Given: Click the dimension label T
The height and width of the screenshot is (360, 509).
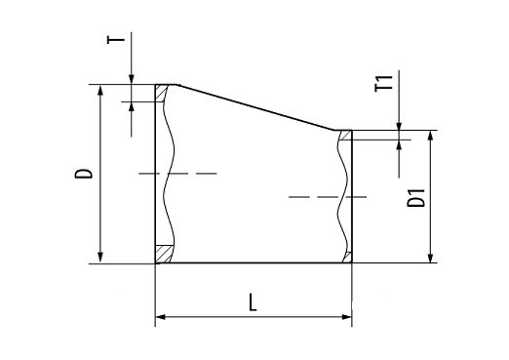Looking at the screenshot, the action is (x=116, y=40).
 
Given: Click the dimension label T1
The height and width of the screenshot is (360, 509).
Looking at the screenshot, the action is (x=384, y=83).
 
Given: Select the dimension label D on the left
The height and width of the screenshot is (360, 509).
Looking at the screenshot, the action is (x=84, y=174).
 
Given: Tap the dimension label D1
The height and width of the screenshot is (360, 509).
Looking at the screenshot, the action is (x=416, y=198).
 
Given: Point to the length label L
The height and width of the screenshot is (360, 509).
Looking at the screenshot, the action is (x=253, y=302).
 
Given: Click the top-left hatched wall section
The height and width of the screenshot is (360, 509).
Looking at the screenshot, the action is (x=161, y=94).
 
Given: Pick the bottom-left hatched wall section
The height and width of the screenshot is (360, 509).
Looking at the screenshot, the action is (x=164, y=254).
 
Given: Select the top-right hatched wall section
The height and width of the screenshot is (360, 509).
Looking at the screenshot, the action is (x=345, y=135).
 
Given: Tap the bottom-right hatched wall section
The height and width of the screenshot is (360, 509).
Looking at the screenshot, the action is (x=347, y=258).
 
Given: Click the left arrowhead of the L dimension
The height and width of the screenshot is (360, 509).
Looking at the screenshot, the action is (x=161, y=317).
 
